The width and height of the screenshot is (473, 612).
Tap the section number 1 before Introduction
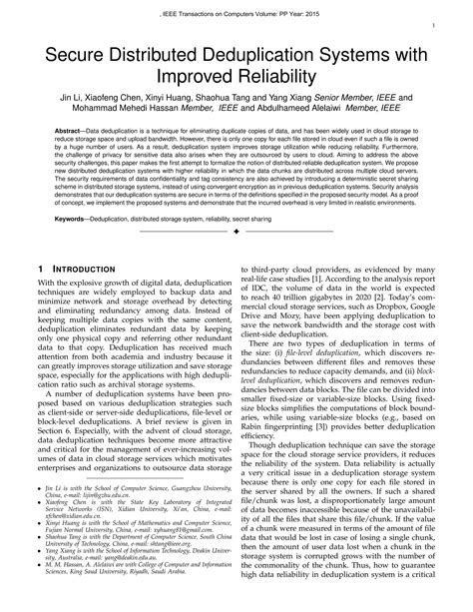click(38, 270)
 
